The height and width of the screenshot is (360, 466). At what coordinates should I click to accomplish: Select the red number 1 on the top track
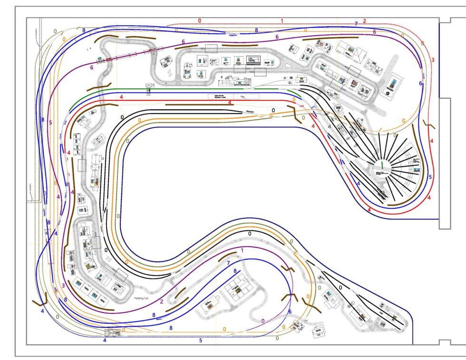coord(282,20)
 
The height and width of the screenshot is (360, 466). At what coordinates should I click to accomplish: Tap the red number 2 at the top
coord(364,20)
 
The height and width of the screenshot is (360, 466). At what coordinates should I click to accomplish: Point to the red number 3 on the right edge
coord(433,60)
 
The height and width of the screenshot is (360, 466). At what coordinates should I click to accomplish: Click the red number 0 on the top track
coord(200,20)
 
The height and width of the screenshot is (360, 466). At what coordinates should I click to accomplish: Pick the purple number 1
coord(242,250)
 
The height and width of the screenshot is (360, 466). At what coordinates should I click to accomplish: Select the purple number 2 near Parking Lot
coord(162,302)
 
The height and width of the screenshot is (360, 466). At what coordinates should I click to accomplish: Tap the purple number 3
coord(63,285)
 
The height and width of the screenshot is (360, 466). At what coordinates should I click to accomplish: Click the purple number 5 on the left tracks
coord(50,122)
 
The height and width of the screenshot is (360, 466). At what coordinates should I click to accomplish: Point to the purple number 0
coord(263,321)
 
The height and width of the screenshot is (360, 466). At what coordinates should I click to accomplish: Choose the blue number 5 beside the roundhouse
coord(430,177)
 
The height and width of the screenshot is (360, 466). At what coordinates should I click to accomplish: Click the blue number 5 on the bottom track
coord(201,341)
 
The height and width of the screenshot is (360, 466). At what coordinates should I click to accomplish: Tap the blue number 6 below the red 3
coord(421,83)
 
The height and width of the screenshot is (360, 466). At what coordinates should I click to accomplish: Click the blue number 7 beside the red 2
coord(356,23)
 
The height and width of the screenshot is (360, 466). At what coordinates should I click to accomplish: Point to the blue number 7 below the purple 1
coord(228,263)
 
